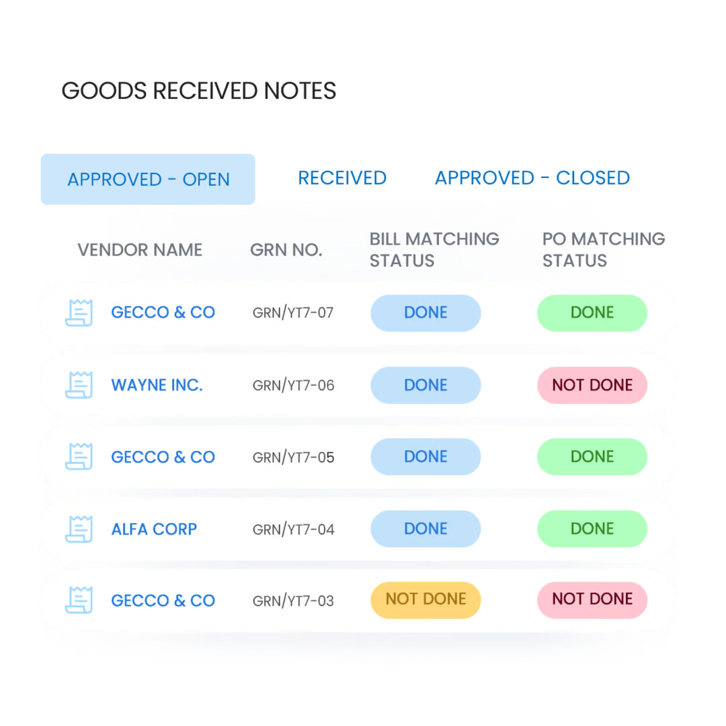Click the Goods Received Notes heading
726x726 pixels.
click(199, 91)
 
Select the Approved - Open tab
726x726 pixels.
click(148, 179)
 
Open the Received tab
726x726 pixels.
click(341, 178)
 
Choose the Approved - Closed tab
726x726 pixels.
click(532, 178)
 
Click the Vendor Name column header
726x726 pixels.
click(140, 250)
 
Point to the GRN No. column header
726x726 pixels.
click(285, 250)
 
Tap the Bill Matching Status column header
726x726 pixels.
click(434, 249)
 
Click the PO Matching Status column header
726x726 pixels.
click(603, 249)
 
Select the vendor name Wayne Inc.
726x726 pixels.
click(157, 385)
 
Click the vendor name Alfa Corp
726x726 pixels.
click(154, 529)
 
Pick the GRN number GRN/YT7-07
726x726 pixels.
click(293, 313)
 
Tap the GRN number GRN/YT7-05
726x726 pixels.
click(293, 457)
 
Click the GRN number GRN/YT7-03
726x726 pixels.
click(293, 601)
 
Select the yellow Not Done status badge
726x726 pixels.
click(426, 600)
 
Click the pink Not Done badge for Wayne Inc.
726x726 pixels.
click(592, 385)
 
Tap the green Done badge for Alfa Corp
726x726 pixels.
click(592, 529)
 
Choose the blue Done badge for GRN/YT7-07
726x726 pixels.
click(426, 313)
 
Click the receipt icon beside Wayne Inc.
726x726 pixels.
click(79, 385)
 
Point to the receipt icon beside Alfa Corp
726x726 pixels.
click(79, 528)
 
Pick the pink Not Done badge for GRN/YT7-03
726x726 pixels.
click(592, 600)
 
